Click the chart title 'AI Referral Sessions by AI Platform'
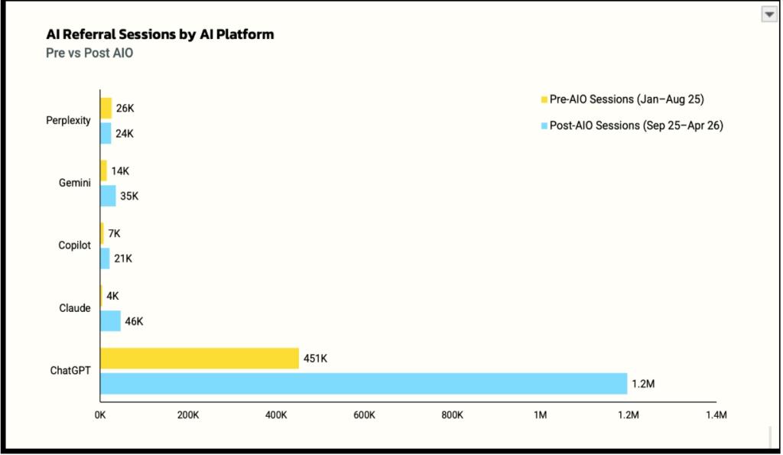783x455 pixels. click(160, 34)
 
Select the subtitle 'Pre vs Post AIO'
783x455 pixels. click(89, 53)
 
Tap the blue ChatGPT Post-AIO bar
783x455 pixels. click(363, 384)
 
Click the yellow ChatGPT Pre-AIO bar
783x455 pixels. click(200, 358)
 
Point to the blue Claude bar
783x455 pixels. click(110, 321)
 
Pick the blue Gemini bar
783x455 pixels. click(108, 196)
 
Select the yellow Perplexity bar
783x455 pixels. click(106, 109)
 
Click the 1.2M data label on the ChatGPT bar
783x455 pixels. click(643, 384)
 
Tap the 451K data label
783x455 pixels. click(315, 359)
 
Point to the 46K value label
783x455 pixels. click(134, 322)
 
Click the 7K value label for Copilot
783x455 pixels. click(115, 234)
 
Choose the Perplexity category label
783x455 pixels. click(68, 120)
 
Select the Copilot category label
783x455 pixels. click(74, 245)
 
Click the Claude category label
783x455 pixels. click(75, 308)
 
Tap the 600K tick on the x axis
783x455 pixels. click(364, 415)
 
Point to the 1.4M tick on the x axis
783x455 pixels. click(716, 415)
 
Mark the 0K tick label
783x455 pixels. click(100, 415)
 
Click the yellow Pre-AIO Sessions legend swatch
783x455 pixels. click(544, 100)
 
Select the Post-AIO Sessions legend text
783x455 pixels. click(636, 125)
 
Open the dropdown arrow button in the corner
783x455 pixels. click(769, 15)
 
